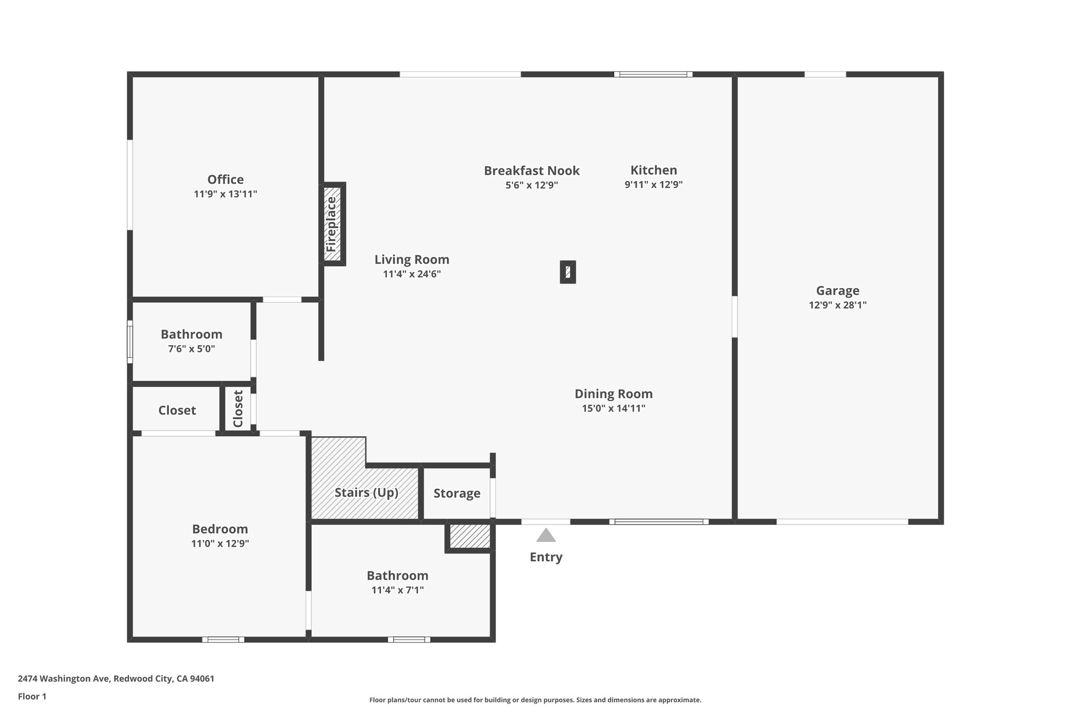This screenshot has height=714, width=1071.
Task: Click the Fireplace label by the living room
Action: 332,224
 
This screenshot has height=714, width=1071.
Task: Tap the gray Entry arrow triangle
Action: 546,536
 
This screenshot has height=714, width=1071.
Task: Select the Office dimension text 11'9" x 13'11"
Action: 225,194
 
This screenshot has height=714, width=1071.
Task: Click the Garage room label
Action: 837,291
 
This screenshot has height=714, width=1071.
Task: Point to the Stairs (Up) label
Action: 366,493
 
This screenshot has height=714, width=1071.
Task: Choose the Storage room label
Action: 457,493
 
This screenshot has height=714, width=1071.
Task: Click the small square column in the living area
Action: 568,272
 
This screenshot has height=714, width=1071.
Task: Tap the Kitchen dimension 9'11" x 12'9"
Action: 654,185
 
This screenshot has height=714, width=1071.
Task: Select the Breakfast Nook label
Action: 531,171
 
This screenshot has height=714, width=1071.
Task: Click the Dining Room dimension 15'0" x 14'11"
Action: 613,409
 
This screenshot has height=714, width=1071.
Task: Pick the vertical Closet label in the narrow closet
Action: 238,409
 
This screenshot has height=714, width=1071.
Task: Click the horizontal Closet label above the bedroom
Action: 177,411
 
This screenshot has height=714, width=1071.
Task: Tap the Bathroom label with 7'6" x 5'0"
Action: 191,334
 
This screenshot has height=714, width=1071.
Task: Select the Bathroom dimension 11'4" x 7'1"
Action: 397,590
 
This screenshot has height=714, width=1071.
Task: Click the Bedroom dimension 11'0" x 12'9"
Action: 220,543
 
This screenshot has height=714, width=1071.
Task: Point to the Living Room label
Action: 412,259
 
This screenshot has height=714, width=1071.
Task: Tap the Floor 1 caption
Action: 32,696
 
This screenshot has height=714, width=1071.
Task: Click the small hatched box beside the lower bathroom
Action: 470,536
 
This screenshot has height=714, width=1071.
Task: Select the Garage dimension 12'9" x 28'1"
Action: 837,305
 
